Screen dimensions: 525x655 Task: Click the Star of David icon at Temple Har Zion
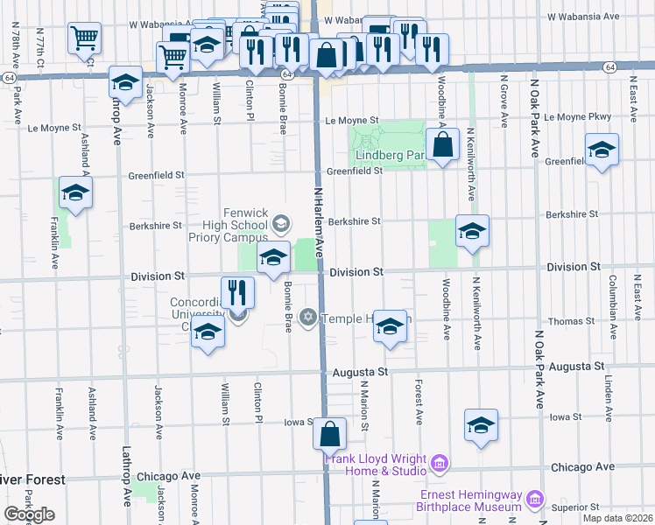[307, 316]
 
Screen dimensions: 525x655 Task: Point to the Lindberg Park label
[389, 156]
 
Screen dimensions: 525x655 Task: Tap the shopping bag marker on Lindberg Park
[444, 145]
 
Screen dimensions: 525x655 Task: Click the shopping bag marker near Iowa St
[330, 433]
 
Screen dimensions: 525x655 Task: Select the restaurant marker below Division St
[237, 291]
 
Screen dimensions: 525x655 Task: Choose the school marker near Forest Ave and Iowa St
[481, 425]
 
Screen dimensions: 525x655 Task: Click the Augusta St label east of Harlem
[360, 372]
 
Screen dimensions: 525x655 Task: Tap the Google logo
[29, 514]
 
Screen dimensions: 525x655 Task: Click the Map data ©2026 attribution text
[620, 518]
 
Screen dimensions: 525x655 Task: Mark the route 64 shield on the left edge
[8, 78]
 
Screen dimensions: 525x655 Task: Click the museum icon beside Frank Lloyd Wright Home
[440, 461]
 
